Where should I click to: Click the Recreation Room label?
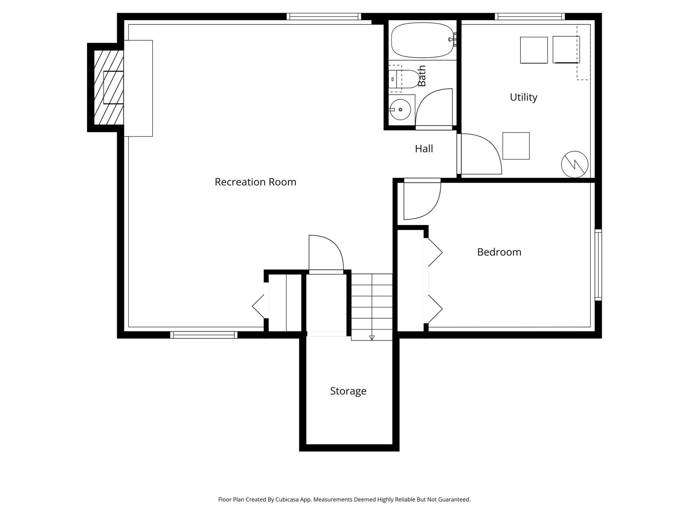click(x=255, y=182)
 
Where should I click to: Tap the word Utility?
click(x=523, y=97)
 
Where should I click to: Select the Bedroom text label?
click(x=499, y=252)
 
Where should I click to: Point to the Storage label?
click(x=348, y=391)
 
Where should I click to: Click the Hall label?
click(x=424, y=149)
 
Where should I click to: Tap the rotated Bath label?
click(x=422, y=76)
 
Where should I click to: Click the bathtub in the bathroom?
click(x=423, y=40)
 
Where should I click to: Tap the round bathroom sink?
click(x=400, y=109)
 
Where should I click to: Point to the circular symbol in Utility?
click(x=574, y=164)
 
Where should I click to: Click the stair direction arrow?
click(x=372, y=337)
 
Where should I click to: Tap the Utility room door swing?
click(x=480, y=154)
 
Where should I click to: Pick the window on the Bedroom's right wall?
click(x=598, y=265)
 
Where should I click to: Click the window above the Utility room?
click(x=530, y=17)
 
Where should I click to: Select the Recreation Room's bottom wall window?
click(x=204, y=335)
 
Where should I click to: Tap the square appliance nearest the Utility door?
click(x=516, y=146)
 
